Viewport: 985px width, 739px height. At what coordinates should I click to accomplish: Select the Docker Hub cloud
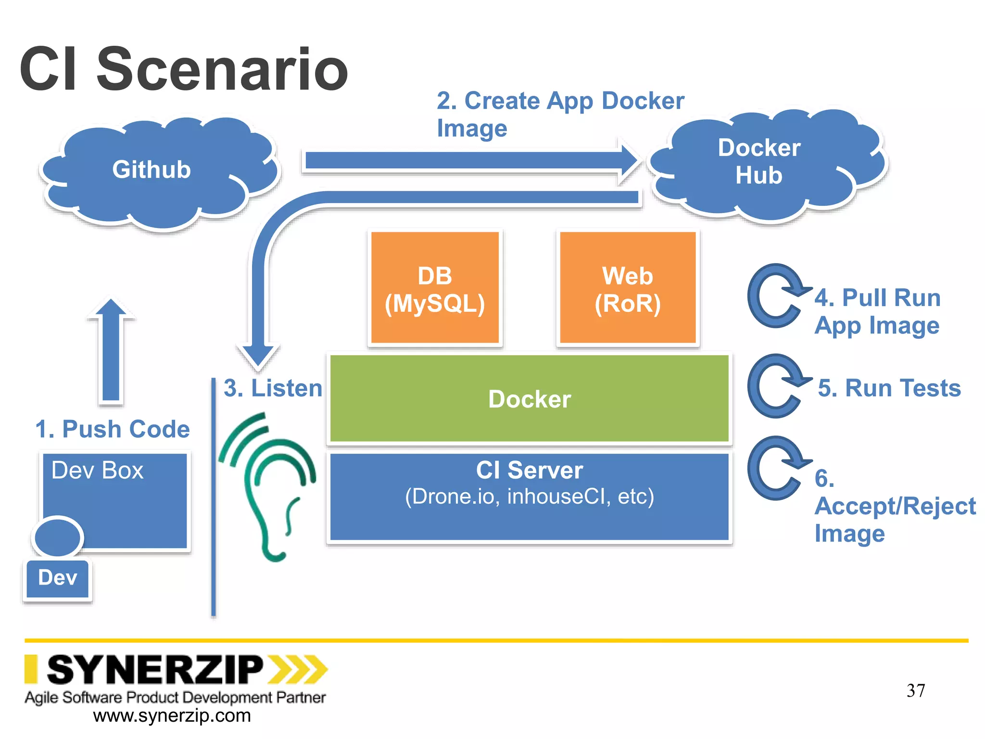click(x=765, y=164)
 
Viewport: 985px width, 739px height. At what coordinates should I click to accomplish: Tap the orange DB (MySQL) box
click(x=435, y=289)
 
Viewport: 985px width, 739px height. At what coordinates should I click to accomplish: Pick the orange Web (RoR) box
click(x=628, y=289)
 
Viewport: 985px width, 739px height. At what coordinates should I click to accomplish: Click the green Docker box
click(x=529, y=399)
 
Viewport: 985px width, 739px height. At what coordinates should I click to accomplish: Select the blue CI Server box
click(x=529, y=498)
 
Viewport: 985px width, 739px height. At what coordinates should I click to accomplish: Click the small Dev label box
click(x=58, y=578)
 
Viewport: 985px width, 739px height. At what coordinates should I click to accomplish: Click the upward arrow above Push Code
click(x=111, y=351)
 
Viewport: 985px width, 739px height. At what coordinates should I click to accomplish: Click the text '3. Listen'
click(x=273, y=388)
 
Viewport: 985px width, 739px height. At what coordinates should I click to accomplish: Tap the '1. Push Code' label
click(x=113, y=429)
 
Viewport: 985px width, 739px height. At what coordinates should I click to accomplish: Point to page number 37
click(x=916, y=691)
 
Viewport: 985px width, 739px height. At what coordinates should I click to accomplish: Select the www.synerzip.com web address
click(x=172, y=716)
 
